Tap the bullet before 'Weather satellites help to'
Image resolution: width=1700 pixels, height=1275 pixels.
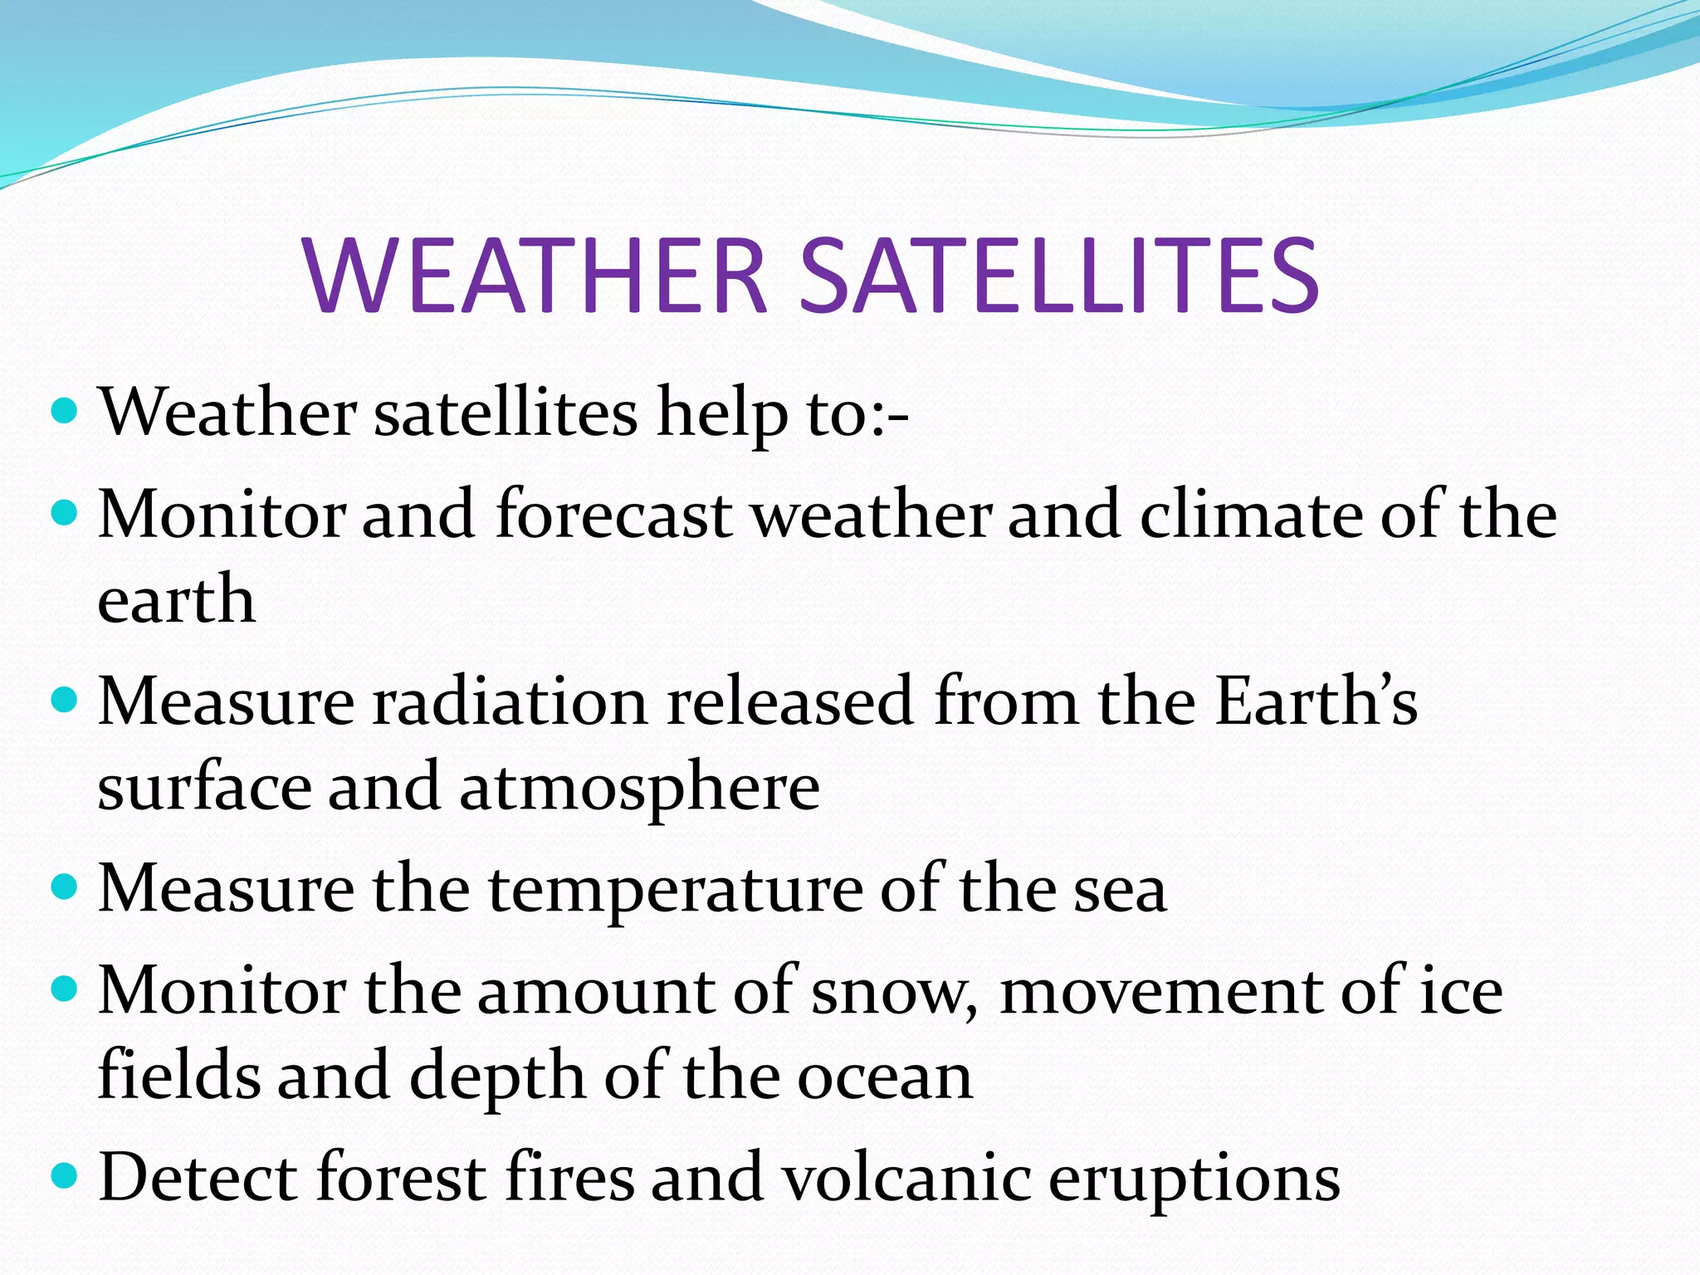(64, 410)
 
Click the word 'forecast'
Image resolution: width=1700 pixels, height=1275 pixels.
(614, 515)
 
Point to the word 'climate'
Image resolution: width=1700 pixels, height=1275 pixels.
(1251, 515)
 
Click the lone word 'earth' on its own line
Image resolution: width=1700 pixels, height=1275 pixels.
(176, 599)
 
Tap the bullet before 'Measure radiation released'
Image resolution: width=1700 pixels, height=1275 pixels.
(64, 700)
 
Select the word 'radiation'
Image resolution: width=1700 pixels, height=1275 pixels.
(509, 702)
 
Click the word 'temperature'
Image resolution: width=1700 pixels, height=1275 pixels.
(675, 889)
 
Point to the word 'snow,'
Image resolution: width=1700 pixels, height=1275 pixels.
(895, 993)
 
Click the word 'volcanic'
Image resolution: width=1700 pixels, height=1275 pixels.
(907, 1178)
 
